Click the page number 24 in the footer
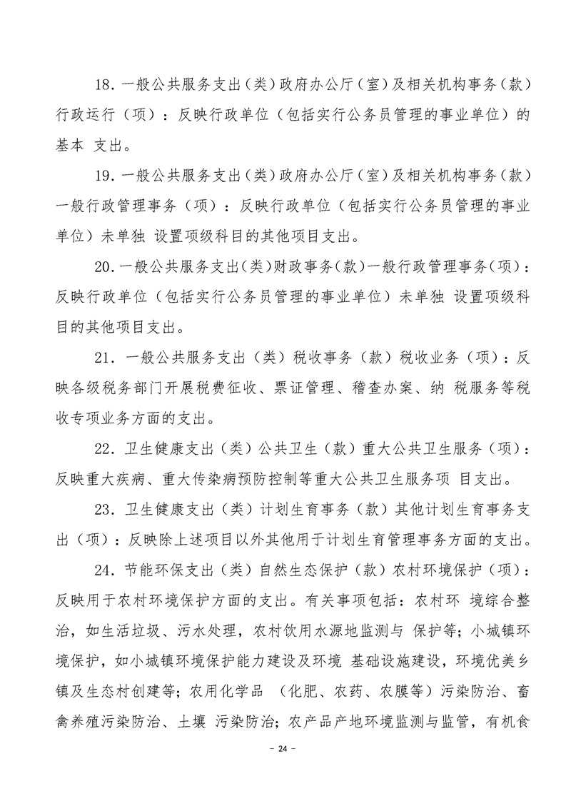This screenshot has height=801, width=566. pyautogui.click(x=283, y=749)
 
